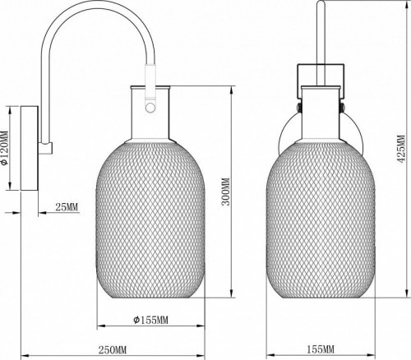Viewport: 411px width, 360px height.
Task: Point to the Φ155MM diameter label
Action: coord(150,320)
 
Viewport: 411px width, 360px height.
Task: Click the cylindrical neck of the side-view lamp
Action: coord(150,107)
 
